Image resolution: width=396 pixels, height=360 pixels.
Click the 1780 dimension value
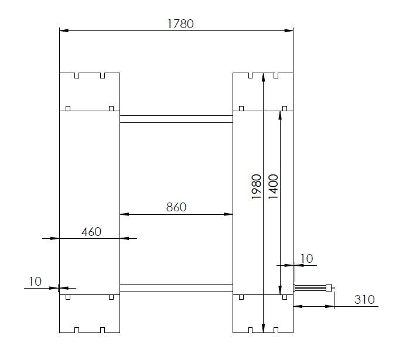(180, 24)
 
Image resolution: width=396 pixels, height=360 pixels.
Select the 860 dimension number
(176, 207)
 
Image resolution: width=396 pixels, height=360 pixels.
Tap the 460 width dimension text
(91, 232)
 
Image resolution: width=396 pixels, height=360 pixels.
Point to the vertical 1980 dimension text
(257, 187)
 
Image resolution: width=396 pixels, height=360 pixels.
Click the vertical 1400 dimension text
(273, 187)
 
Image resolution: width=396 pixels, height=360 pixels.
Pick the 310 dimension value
(364, 300)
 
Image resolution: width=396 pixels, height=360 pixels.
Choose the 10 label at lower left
(35, 282)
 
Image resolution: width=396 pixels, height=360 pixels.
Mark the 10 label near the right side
(306, 259)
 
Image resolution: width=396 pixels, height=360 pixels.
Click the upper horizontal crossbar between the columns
(176, 119)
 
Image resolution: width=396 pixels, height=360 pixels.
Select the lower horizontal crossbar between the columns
(176, 289)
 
